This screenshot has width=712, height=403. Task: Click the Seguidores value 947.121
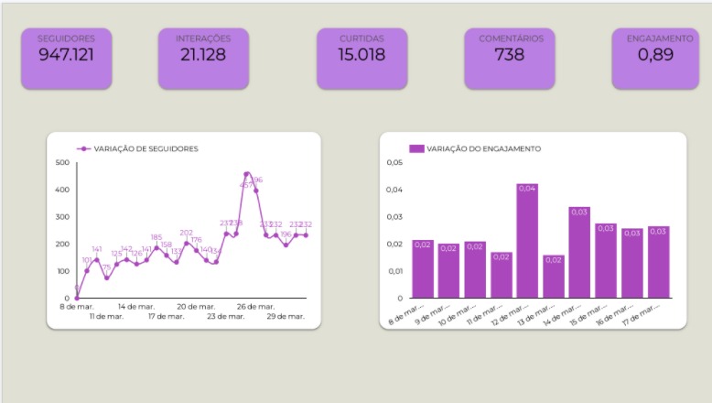tap(66, 54)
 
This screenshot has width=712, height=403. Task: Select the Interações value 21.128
tap(202, 54)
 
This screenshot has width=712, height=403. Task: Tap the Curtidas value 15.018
tap(361, 54)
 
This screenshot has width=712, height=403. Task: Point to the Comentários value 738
tap(510, 54)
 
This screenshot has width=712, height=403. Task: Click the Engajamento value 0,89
tap(659, 54)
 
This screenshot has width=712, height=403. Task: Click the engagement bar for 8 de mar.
tap(422, 269)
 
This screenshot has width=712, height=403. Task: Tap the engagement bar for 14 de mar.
tap(579, 253)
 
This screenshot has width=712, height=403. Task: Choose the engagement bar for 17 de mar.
tap(658, 262)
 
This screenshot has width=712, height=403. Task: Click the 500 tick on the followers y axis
tap(62, 162)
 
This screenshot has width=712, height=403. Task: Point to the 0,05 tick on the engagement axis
tap(394, 162)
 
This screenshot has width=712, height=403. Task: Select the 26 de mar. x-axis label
tap(255, 306)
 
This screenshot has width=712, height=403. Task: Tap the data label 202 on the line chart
tap(187, 233)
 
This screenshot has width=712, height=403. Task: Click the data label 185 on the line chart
tap(156, 237)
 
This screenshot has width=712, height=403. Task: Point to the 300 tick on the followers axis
tap(62, 217)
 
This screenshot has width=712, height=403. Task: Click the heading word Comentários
tap(510, 38)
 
